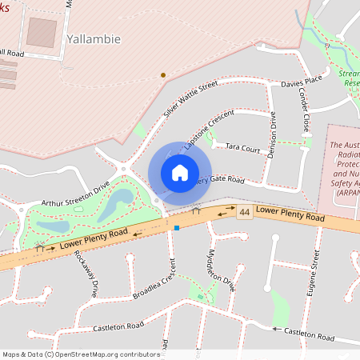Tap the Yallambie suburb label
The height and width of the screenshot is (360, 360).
coord(94,38)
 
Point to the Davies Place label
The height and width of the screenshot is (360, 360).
coord(300,81)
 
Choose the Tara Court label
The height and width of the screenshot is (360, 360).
coord(243,149)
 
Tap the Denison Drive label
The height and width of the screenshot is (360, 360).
coord(272,134)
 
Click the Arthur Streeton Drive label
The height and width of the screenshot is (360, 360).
coord(75,193)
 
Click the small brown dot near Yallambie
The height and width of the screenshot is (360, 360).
coord(163,75)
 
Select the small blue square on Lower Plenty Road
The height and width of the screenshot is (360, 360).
coord(176,227)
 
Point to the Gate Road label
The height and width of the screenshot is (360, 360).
coord(226,180)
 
